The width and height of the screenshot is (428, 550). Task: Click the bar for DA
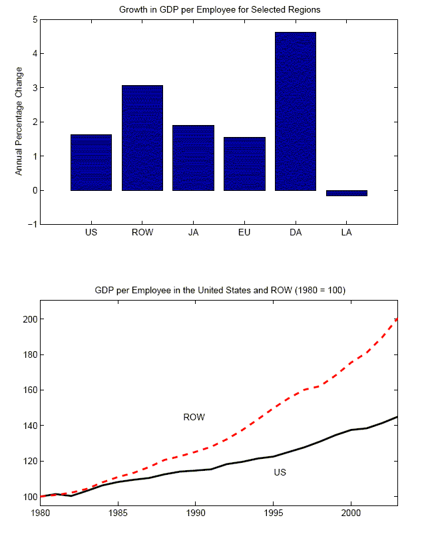coord(296,111)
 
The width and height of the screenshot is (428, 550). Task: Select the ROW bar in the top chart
coord(142,138)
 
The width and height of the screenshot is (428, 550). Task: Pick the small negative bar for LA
coord(347,193)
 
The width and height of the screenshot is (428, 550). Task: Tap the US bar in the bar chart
coord(91,162)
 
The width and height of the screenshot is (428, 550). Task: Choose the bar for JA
coord(193,158)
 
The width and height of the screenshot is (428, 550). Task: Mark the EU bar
coord(244,164)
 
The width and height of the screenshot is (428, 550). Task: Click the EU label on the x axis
coord(244,233)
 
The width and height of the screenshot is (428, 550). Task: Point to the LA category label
coord(347,233)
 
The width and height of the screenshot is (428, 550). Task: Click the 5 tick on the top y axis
coord(33,19)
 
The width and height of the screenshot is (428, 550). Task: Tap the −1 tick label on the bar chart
coord(31,224)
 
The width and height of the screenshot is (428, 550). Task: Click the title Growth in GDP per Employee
coord(219,9)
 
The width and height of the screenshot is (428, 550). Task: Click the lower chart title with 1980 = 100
coord(220,291)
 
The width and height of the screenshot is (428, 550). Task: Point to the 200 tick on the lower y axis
coord(30,319)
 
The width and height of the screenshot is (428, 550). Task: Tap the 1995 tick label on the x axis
coord(273,513)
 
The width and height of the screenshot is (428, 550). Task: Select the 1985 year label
coord(118,513)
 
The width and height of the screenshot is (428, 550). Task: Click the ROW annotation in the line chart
coord(194,417)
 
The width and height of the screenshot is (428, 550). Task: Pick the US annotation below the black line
coord(280,472)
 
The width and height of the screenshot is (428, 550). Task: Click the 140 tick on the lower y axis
coord(30,426)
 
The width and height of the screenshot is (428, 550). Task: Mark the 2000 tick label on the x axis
coord(351,513)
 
